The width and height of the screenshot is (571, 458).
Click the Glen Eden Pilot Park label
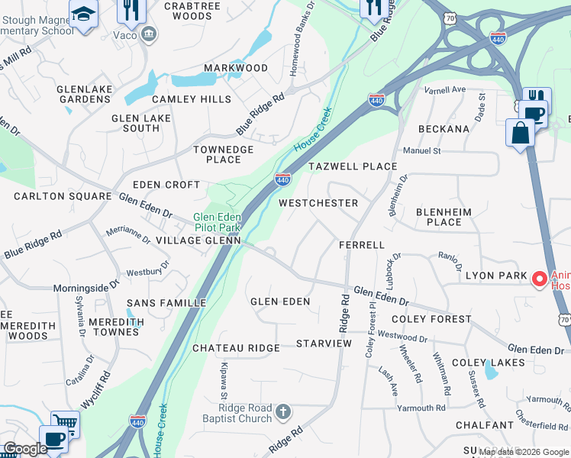point(217,222)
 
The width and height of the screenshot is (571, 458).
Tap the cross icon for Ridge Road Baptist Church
point(283,413)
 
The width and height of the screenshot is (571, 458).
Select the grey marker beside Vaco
point(149,34)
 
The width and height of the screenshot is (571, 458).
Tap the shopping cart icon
point(65,422)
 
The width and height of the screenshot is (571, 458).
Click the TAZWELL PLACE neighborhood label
point(352,166)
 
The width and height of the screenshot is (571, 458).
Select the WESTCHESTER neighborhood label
point(318,203)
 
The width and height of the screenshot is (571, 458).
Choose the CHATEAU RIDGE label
point(236,348)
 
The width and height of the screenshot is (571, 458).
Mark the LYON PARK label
point(496,275)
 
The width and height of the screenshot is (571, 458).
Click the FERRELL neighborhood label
point(362,245)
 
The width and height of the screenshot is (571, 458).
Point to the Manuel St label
point(422,151)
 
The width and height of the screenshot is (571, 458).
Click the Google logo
point(24,449)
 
